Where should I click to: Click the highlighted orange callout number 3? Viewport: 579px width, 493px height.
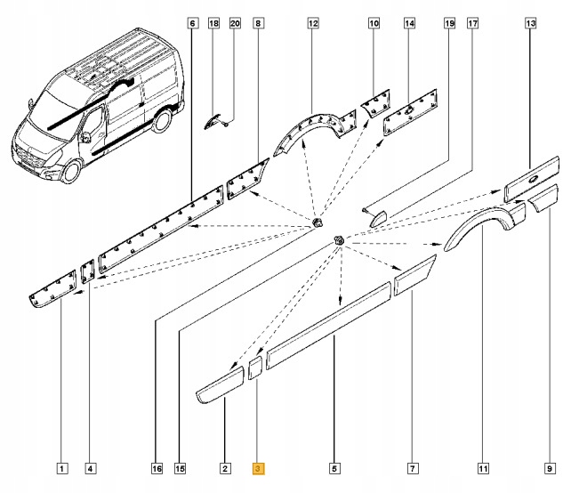258,469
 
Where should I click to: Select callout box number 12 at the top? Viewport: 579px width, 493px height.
313,23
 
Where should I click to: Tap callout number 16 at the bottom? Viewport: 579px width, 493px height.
157,469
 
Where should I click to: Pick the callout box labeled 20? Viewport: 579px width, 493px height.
235,23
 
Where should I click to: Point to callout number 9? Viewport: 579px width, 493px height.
550,469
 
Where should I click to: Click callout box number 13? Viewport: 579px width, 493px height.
531,23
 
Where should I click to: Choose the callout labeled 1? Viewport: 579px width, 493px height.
61,469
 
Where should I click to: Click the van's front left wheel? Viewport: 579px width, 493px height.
71,172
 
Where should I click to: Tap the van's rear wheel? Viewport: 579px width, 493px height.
162,120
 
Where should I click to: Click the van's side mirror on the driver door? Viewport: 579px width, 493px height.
85,137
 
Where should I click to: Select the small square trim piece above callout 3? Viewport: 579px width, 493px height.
254,368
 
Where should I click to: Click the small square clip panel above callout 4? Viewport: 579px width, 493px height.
88,271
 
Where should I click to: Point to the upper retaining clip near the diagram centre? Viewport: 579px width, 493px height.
318,222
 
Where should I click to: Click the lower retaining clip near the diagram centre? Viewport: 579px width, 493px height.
340,239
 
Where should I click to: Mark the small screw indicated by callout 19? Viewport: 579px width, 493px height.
365,210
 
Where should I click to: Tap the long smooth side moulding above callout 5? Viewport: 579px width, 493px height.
329,325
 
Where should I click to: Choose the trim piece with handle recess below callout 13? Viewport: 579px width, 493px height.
532,179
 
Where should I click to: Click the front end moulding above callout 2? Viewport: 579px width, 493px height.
220,384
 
